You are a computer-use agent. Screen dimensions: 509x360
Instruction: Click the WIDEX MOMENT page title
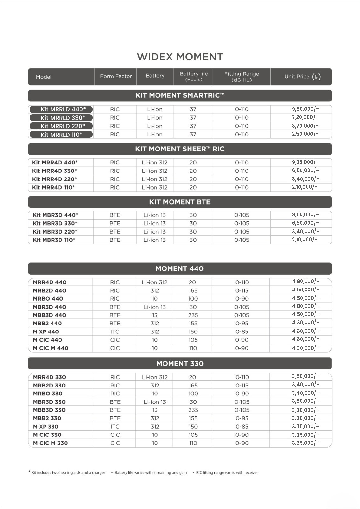pos(180,57)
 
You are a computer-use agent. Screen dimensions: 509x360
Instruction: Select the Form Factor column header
pos(116,76)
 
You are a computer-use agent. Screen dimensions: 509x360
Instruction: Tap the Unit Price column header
pos(302,77)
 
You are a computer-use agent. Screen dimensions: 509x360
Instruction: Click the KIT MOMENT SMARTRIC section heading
pos(180,95)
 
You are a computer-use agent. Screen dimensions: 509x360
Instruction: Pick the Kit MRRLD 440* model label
pos(61,109)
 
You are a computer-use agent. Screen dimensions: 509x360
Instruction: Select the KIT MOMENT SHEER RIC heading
pos(180,149)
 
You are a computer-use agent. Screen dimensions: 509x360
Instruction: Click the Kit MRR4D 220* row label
pos(54,179)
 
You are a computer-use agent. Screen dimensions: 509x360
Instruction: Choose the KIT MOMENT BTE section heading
pos(180,202)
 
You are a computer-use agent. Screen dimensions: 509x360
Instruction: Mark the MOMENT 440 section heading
pos(180,268)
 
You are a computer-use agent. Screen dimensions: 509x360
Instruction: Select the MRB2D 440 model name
pos(49,290)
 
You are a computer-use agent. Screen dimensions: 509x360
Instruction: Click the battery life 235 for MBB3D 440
pos(193,315)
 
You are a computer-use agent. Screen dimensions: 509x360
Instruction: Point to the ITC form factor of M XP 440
pos(115,332)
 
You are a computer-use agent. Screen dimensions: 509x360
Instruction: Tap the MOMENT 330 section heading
pos(180,364)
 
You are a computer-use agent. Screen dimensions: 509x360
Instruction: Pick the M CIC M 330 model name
pos(50,443)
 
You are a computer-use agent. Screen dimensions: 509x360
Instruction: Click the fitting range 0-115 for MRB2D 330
pos(242,386)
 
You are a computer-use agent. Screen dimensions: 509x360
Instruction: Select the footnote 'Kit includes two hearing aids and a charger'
pos(68,473)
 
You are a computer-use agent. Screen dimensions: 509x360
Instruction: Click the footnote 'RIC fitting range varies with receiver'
pos(227,473)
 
